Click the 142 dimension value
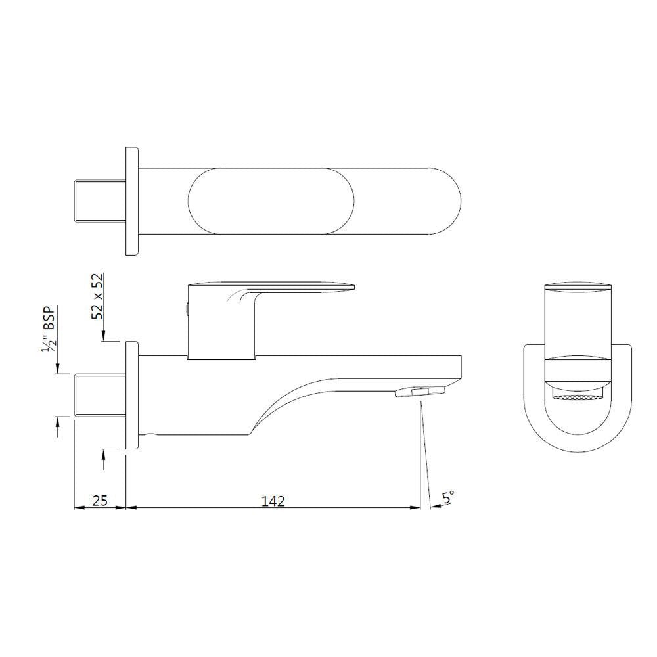pos(273,501)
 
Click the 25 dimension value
pos(99,501)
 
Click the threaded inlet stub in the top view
pos(99,201)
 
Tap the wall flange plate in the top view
pos(132,201)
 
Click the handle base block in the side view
pos(220,328)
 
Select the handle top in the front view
pos(578,287)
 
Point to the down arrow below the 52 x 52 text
pos(103,336)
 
